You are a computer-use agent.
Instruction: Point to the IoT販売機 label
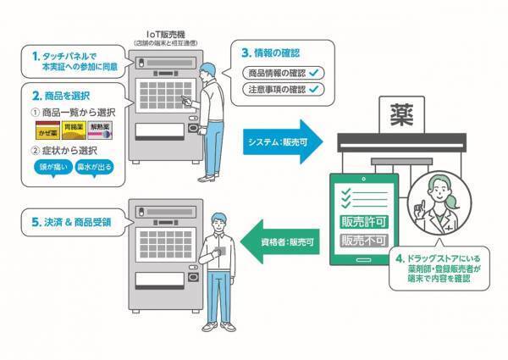tap(160, 36)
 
